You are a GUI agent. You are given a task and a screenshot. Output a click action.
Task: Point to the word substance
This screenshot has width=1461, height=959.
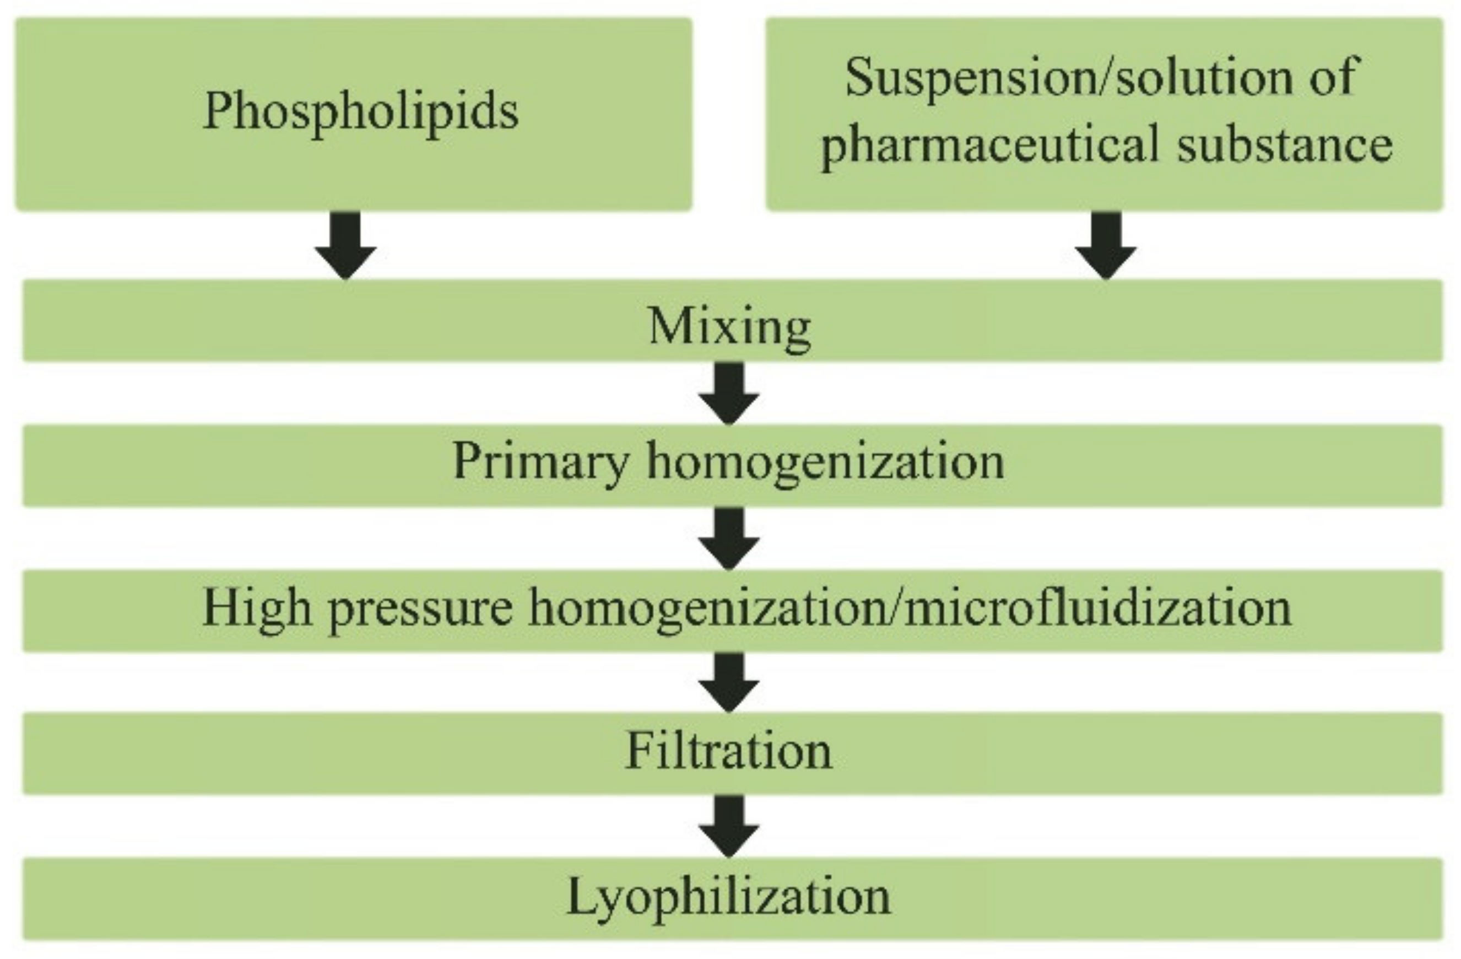coord(1284,145)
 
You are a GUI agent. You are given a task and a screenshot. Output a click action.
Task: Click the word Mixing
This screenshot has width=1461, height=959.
coord(729,328)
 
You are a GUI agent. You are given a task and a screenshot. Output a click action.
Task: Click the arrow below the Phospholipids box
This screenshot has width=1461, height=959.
coord(345,246)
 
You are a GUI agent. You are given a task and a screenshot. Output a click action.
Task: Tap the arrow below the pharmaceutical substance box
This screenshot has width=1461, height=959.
coord(1106,246)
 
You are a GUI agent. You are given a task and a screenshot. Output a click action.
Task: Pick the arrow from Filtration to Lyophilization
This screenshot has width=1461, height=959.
coord(729,826)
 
